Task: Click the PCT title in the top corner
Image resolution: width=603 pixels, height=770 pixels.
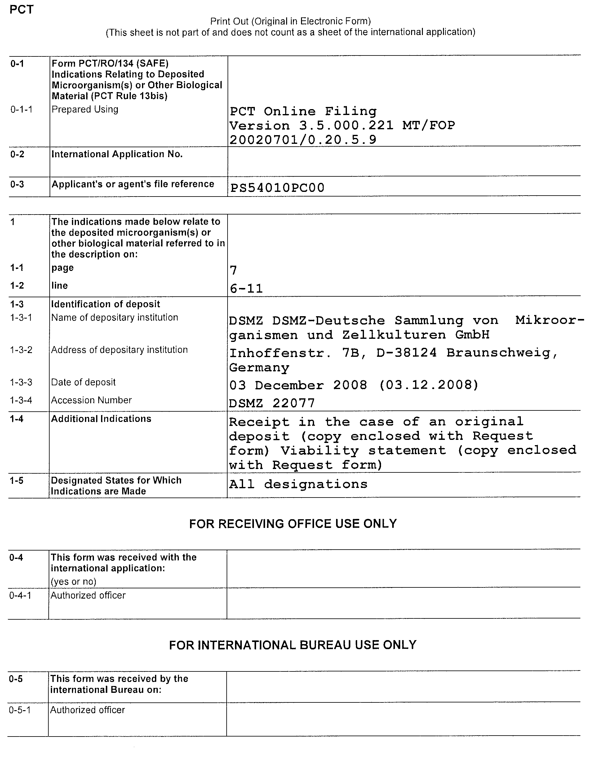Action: (x=21, y=10)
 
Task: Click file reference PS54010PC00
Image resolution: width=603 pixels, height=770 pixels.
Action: (x=277, y=188)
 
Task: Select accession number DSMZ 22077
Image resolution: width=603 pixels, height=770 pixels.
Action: (x=272, y=403)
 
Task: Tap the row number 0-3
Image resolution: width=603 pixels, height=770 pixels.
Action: (x=17, y=184)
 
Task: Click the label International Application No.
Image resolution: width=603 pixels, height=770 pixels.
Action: (x=117, y=154)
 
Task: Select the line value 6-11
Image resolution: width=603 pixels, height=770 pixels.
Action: (x=246, y=289)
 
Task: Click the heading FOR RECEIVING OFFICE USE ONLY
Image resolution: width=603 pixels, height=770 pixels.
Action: (x=293, y=524)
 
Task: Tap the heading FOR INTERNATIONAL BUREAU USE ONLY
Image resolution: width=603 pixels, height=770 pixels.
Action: (x=293, y=645)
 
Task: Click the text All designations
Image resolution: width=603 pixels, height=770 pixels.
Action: (x=298, y=484)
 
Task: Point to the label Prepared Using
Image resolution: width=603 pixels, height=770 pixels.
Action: (x=85, y=109)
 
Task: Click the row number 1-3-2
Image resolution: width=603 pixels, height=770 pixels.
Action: (x=21, y=350)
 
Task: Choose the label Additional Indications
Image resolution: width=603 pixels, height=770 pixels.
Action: (x=101, y=419)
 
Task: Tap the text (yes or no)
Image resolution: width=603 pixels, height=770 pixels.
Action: (x=73, y=581)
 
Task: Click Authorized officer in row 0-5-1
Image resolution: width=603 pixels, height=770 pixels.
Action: (x=87, y=710)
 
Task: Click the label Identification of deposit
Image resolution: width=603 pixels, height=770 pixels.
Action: (x=105, y=304)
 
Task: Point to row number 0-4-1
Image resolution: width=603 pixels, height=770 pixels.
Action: (x=20, y=595)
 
